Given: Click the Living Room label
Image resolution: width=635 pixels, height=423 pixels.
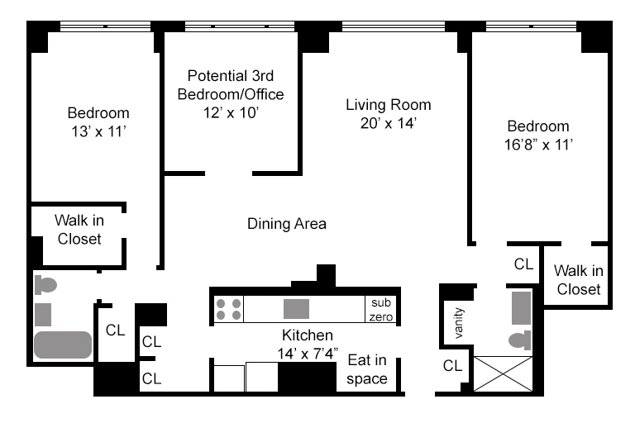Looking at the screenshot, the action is pos(389,105).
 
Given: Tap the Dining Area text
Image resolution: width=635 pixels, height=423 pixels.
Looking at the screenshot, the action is pos(287,224).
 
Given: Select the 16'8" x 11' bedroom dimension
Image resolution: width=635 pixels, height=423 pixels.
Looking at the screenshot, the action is pos(538,145).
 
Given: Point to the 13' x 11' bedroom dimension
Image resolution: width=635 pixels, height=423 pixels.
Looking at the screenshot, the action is pos(99,131).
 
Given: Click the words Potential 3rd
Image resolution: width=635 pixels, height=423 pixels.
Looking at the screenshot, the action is pos(231,76).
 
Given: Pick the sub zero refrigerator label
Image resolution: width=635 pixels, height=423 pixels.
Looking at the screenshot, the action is pos(381,310).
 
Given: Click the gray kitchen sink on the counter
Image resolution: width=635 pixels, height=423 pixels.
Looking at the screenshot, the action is pos(296,309).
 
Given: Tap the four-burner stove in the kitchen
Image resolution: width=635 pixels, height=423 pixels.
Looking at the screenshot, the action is pos(228,309).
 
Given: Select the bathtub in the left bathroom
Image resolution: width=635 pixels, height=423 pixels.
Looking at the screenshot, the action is pos(63,345).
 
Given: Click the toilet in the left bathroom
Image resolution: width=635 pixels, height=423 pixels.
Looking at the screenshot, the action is pos(45,285).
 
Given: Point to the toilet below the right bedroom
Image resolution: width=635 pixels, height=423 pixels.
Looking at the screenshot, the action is pos(520,340).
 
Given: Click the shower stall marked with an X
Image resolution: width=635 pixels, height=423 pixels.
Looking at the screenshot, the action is pos(503,373).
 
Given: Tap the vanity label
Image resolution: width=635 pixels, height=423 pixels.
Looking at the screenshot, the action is pos(458,323).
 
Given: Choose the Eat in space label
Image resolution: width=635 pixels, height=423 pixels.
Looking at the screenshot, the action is pos(367,369).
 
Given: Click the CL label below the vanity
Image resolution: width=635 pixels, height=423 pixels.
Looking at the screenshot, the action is pos(452,366).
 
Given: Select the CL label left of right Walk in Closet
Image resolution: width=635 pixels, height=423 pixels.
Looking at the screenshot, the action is pos(523,264).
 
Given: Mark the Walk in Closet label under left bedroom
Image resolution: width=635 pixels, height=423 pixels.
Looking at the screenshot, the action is pos(79,230).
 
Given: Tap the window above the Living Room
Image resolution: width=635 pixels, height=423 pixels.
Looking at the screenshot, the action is pos(394,26).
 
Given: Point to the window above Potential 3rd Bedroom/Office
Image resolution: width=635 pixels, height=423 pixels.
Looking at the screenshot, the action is pos(240,26).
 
